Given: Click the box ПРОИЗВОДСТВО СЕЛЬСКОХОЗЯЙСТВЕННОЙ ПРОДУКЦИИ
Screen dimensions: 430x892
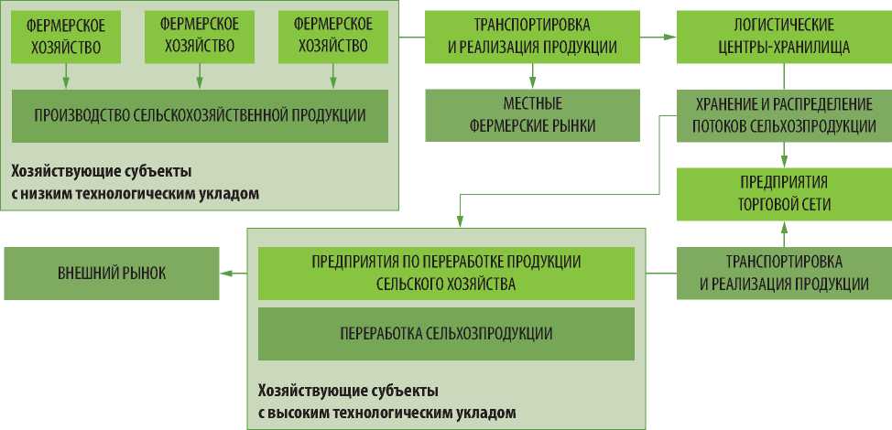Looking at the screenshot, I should pos(200,115).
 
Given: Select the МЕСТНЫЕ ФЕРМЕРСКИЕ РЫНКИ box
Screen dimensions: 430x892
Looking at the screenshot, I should pos(532,115).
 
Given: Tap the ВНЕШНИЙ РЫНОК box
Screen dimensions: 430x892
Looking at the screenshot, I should pos(112,273).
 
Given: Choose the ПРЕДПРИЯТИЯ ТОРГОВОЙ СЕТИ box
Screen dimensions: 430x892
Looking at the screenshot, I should pos(784,194).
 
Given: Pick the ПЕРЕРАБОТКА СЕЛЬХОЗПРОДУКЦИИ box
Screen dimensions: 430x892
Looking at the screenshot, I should pos(445,333).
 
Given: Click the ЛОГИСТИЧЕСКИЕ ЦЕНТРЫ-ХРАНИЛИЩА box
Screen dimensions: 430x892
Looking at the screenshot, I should pos(784,37).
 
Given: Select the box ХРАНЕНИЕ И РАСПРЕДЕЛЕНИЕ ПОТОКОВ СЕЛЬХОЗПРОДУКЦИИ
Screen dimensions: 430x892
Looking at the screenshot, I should pos(784,115).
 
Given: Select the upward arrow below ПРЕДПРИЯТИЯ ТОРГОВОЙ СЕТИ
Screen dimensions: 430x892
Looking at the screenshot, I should pos(784,234).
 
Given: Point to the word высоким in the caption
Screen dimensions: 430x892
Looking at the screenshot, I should pos(302,413).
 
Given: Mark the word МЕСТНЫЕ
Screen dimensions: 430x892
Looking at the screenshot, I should pos(532,103).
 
